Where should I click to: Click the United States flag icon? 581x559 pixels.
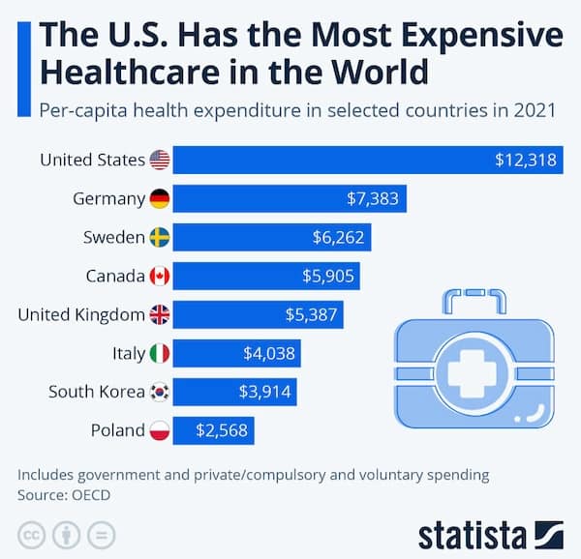click(161, 161)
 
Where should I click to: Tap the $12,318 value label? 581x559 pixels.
click(525, 161)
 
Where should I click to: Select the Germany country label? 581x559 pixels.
click(108, 199)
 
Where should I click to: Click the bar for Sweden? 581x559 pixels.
click(272, 238)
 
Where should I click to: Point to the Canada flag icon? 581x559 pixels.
click(161, 277)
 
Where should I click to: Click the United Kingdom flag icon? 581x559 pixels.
click(161, 315)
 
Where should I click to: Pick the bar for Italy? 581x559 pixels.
click(236, 354)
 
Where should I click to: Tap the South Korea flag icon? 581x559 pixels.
click(161, 393)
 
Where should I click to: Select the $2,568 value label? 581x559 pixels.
click(223, 431)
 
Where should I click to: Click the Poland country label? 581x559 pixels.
click(117, 431)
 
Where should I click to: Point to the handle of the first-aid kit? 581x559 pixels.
click(474, 303)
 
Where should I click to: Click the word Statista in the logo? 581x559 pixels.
click(472, 535)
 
